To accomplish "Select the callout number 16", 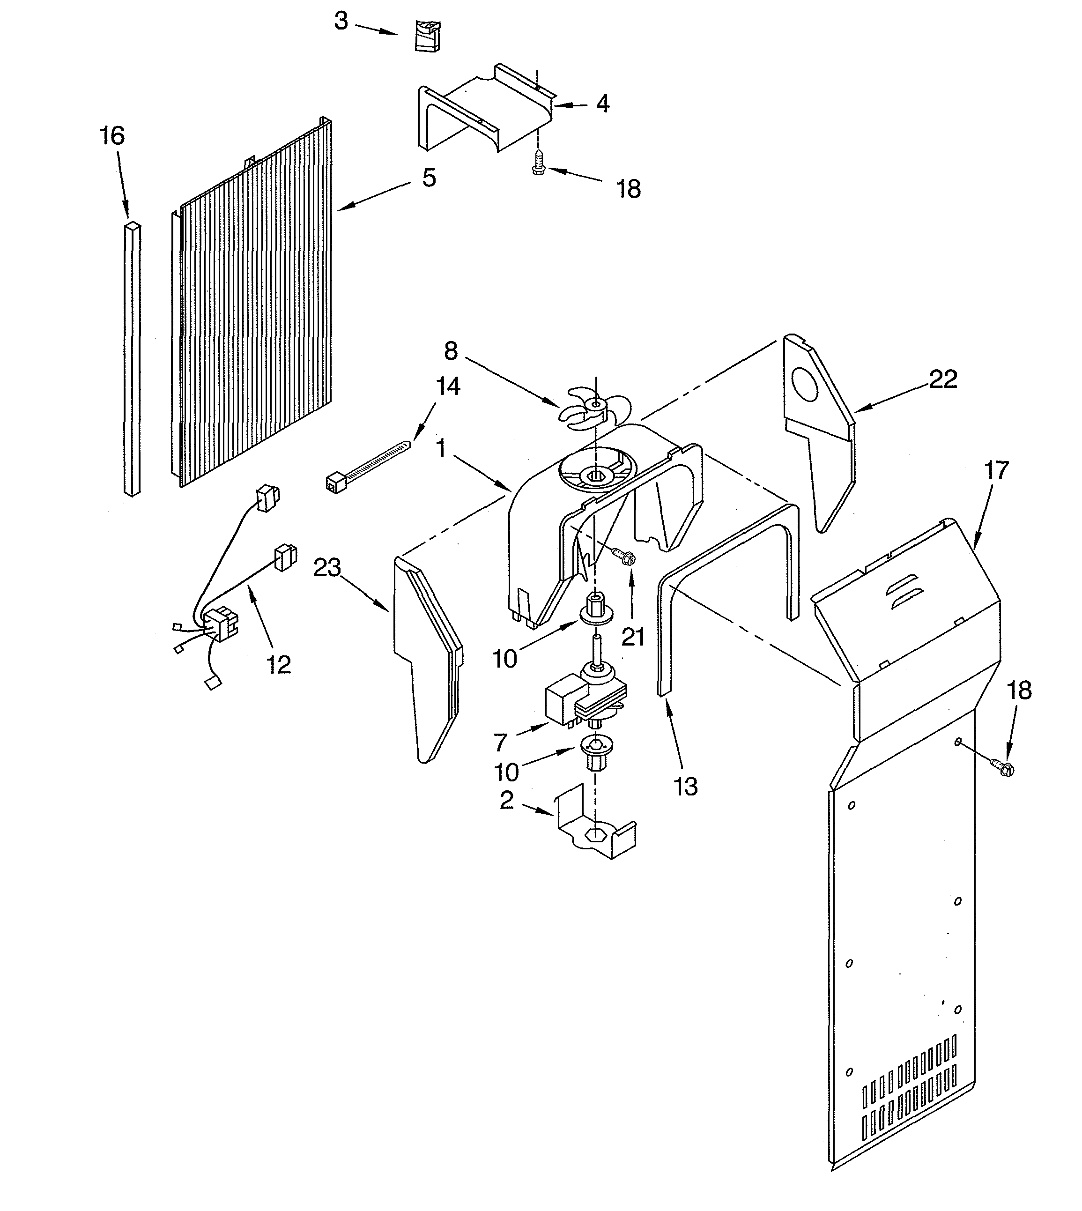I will (112, 136).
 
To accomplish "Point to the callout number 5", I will (429, 178).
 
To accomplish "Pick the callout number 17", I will (996, 470).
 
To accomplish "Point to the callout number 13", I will (685, 786).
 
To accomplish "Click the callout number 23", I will (327, 568).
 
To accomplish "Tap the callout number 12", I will (278, 665).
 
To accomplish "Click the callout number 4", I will (602, 104).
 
